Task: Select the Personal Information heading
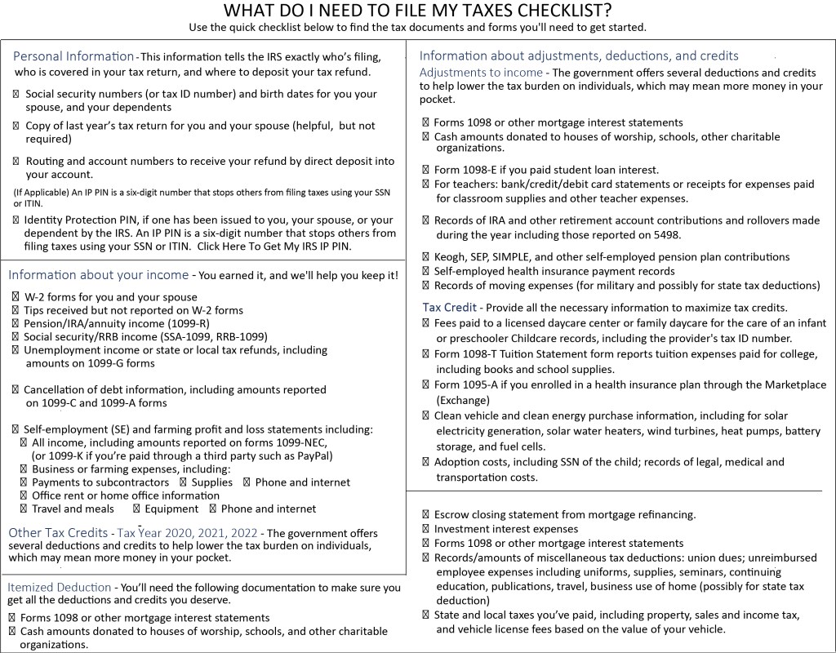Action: (73, 56)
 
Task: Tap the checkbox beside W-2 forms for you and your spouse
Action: (16, 297)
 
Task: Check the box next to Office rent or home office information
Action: (24, 495)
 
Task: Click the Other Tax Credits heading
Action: (57, 533)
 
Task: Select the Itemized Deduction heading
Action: (60, 587)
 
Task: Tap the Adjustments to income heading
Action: (481, 73)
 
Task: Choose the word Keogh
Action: (451, 257)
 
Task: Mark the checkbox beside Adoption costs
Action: (426, 462)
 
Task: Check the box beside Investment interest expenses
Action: (426, 530)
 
